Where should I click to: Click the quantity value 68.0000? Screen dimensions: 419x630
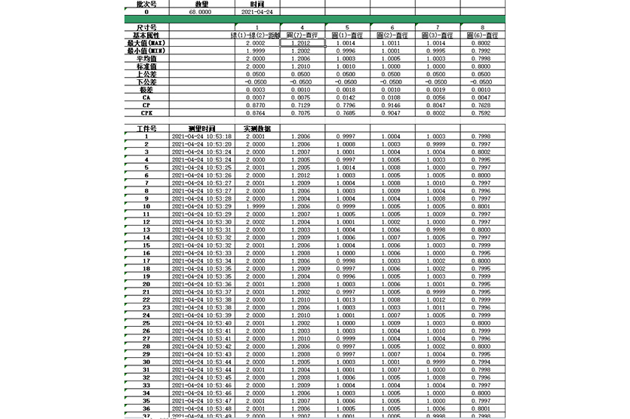tap(202, 12)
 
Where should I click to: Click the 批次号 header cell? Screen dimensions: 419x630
tap(146, 4)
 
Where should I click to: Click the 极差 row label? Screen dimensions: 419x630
tap(146, 90)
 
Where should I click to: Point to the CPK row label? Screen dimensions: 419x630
tap(146, 113)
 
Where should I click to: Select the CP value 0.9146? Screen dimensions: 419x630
tap(392, 106)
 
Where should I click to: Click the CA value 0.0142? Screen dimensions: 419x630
tap(346, 98)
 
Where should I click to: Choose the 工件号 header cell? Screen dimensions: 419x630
tap(146, 129)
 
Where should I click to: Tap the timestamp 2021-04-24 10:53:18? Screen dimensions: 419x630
tap(201, 137)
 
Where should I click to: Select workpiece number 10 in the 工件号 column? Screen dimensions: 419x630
tap(146, 206)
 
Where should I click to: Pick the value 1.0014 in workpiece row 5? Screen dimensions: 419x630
tap(346, 168)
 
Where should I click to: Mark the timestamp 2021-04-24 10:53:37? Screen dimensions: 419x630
tap(201, 291)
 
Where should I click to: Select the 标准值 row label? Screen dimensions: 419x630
tap(146, 66)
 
